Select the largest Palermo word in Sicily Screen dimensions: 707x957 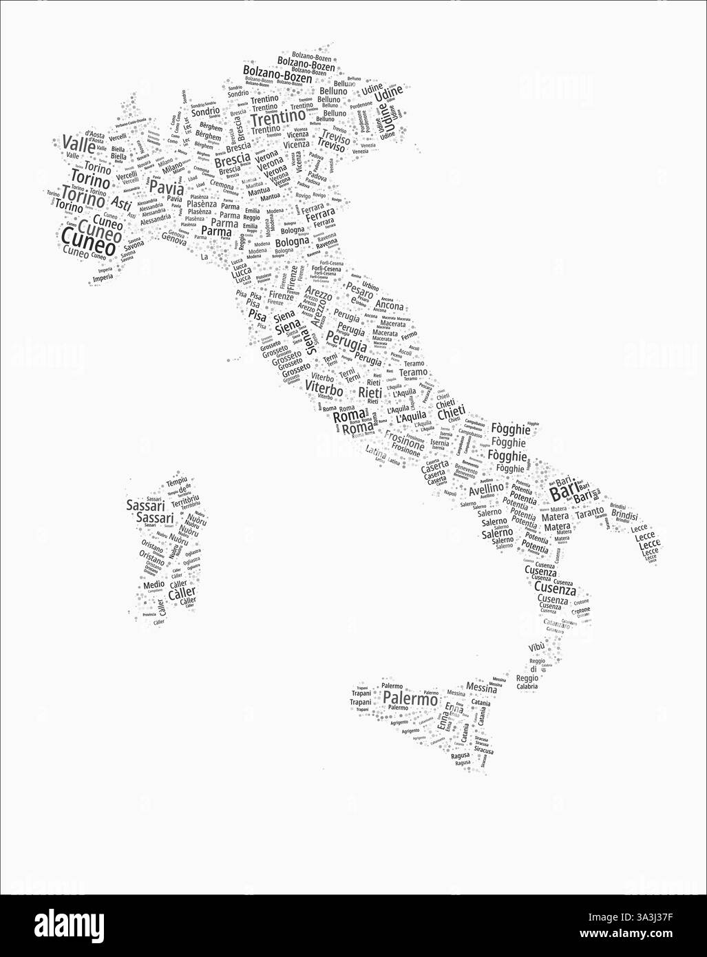point(410,699)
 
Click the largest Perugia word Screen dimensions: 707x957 point(347,343)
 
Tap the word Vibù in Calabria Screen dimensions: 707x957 point(536,647)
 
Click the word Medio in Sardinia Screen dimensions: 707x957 point(154,585)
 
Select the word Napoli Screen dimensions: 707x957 point(450,493)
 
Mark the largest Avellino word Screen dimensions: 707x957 point(486,490)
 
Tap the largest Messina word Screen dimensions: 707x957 point(481,687)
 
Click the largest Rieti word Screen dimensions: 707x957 point(370,392)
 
